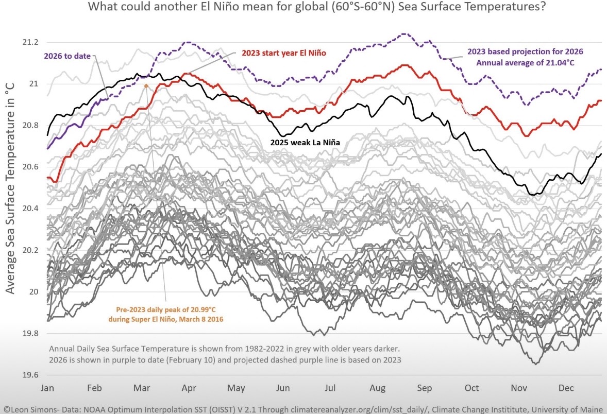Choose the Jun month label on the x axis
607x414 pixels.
(283, 387)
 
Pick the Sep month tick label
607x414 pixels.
(424, 387)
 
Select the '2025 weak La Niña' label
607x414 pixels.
(306, 141)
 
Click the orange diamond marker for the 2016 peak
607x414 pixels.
(146, 86)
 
